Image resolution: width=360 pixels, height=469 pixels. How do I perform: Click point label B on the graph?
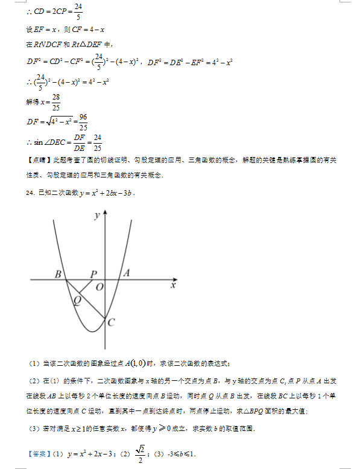[x=58, y=274]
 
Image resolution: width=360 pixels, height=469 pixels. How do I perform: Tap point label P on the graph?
[x=93, y=274]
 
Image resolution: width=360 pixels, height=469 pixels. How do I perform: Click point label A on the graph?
[x=126, y=273]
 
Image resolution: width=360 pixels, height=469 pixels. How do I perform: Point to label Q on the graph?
[x=77, y=300]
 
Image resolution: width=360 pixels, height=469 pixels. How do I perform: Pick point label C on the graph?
[x=112, y=322]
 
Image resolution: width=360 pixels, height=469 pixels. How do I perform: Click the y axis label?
[x=96, y=215]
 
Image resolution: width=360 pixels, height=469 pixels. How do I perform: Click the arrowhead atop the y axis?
[x=105, y=212]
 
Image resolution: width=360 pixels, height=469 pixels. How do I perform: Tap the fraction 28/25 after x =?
[x=55, y=102]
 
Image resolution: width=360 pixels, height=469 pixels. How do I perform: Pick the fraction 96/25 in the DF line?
[x=83, y=122]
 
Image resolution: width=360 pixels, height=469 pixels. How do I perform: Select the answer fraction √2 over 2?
[x=141, y=452]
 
